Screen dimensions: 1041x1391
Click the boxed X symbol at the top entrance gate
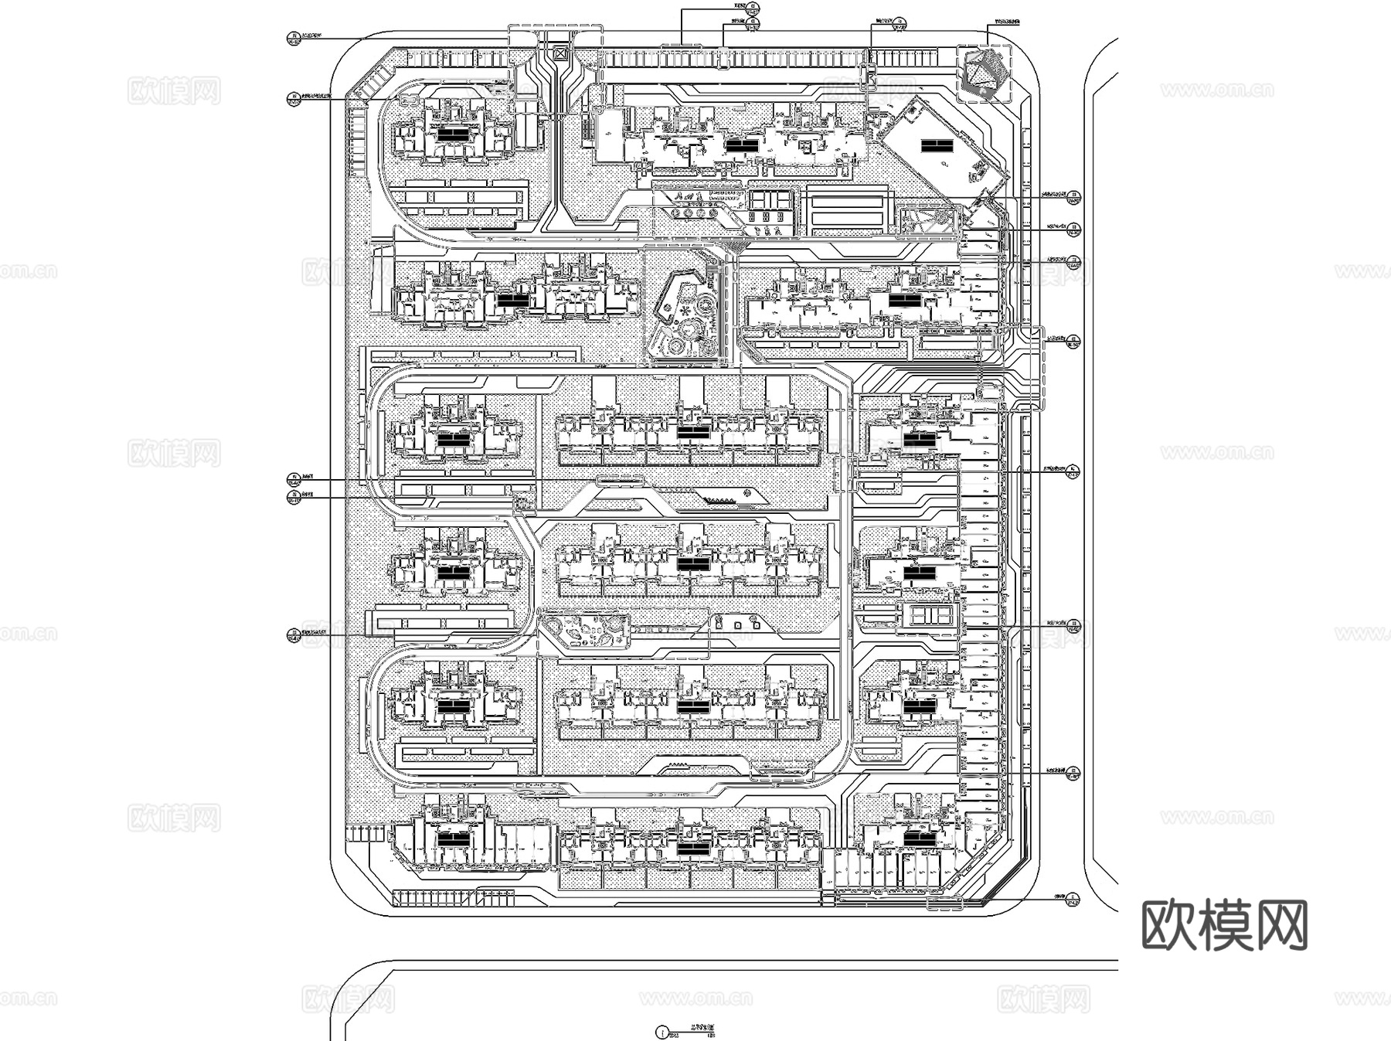559,54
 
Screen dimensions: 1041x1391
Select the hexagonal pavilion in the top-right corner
983,73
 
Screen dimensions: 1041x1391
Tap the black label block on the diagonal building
935,145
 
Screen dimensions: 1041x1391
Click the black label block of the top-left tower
453,133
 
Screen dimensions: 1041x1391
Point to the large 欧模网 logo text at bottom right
1224,925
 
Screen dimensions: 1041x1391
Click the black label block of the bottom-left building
453,839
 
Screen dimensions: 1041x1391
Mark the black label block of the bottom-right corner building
919,838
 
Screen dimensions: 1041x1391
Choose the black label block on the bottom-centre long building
693,848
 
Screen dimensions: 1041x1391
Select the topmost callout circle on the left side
293,37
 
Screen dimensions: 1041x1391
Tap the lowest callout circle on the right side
1072,900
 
